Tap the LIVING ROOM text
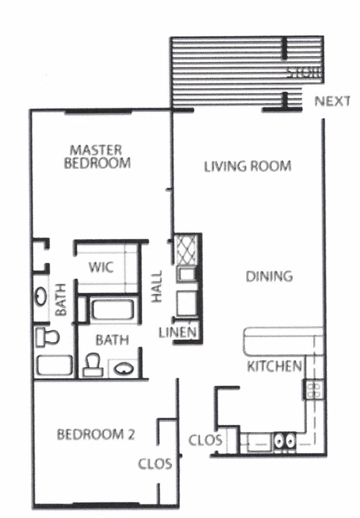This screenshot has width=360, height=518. click(247, 166)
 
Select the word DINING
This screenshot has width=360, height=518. click(269, 276)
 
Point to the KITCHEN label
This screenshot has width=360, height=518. click(274, 366)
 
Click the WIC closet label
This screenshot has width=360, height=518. click(101, 267)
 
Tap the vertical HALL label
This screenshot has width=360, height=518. click(156, 287)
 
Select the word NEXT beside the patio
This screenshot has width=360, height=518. click(332, 101)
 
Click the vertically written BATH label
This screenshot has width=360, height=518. click(61, 299)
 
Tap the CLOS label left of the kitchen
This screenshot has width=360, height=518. click(205, 440)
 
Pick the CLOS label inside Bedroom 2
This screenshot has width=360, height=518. click(155, 464)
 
